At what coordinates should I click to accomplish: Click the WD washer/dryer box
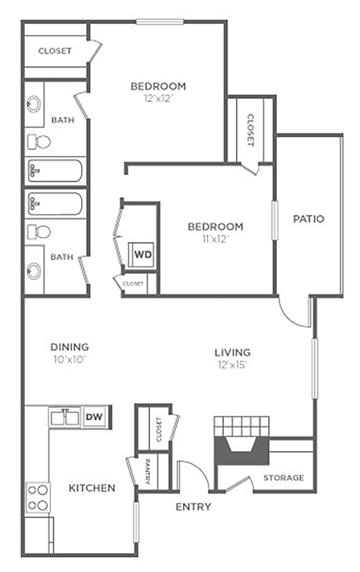[142, 254]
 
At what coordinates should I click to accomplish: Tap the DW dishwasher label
[94, 417]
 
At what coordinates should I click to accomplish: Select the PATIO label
[308, 220]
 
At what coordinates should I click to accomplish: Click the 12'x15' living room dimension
[232, 365]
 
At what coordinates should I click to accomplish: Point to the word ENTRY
[193, 507]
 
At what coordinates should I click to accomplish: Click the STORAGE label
[283, 478]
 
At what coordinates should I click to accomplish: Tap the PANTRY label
[147, 472]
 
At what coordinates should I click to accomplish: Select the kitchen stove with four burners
[38, 495]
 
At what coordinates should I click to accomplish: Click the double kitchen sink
[64, 417]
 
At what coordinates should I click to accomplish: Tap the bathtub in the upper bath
[55, 171]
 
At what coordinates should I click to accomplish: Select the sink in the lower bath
[34, 271]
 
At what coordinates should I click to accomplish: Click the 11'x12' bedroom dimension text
[214, 239]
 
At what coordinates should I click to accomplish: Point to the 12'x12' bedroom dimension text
[157, 98]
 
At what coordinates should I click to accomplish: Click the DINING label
[70, 347]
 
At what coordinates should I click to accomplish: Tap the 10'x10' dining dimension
[70, 360]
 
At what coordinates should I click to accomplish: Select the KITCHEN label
[92, 488]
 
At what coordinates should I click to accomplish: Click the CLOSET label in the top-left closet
[55, 51]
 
